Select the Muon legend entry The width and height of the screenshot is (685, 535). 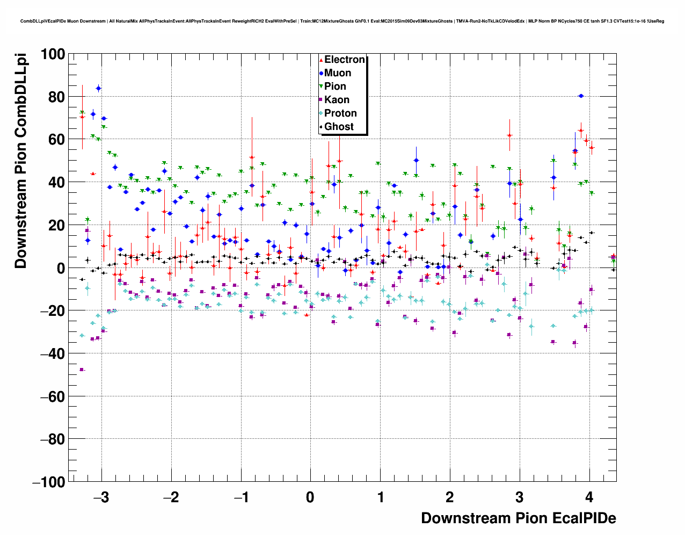click(337, 73)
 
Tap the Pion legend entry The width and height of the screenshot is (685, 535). click(335, 86)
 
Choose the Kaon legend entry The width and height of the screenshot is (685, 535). click(337, 100)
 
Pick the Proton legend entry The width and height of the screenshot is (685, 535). click(340, 113)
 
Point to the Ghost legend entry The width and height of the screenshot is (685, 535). click(339, 127)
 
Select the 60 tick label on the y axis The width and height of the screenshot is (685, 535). click(56, 140)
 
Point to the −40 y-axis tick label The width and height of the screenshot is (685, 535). click(53, 353)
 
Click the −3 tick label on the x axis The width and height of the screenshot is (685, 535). click(101, 497)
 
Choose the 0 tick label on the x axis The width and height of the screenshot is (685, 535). click(310, 497)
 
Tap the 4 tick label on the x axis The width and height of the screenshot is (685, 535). click(589, 497)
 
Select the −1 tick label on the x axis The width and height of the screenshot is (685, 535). click(241, 497)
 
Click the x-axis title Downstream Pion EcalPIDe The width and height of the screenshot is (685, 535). click(518, 518)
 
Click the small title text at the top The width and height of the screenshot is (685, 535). click(342, 21)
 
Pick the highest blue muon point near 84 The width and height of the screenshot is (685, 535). click(98, 88)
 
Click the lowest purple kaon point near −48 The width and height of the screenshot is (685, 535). click(82, 370)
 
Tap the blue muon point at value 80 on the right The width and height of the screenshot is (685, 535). click(581, 96)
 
